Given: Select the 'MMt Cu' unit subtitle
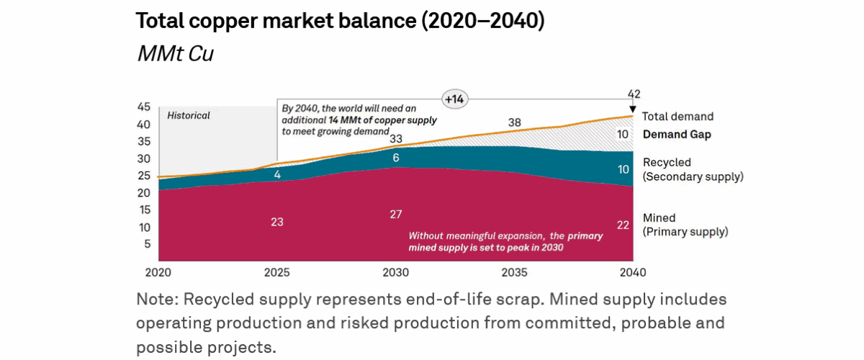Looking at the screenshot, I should tap(175, 55).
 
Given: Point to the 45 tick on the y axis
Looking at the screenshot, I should tap(143, 107).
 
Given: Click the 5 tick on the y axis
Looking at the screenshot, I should tap(147, 244).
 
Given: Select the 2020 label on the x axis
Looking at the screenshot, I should tap(158, 273).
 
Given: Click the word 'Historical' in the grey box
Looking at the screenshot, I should tap(189, 115).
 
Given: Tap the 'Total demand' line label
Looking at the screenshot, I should tap(678, 117).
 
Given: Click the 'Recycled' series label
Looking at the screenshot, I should tap(667, 163).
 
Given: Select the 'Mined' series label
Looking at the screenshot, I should tap(659, 218).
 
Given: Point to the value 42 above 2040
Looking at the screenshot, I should tap(634, 94).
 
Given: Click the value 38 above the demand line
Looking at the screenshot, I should tap(514, 122).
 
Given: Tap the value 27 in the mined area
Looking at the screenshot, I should tap(395, 214).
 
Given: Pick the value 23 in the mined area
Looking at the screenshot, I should tap(277, 222).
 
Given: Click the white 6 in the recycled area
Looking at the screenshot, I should tap(395, 158).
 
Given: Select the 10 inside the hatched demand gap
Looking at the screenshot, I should tap(622, 134).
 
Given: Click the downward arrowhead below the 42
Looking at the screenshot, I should tap(633, 109).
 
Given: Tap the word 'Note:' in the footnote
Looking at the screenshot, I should tap(157, 299).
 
